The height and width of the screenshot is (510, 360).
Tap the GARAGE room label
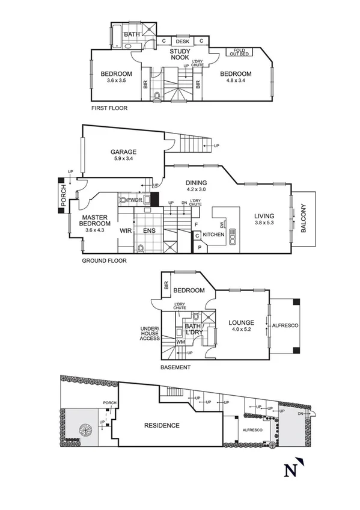click(x=123, y=152)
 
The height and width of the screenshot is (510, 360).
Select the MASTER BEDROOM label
click(x=94, y=221)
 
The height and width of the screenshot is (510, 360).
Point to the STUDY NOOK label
click(x=180, y=55)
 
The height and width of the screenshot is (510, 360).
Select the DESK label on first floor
click(x=183, y=41)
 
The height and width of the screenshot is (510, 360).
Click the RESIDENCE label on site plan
click(x=161, y=426)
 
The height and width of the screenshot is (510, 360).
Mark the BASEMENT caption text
click(x=175, y=367)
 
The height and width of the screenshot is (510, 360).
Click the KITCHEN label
click(x=213, y=235)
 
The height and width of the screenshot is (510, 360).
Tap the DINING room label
click(x=196, y=183)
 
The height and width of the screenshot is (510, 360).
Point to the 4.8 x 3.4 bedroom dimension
click(x=239, y=81)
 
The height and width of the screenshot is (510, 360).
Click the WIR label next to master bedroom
click(x=126, y=230)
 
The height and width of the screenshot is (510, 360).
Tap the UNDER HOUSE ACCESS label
click(x=150, y=334)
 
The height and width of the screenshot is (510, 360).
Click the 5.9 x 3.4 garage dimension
click(x=123, y=159)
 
